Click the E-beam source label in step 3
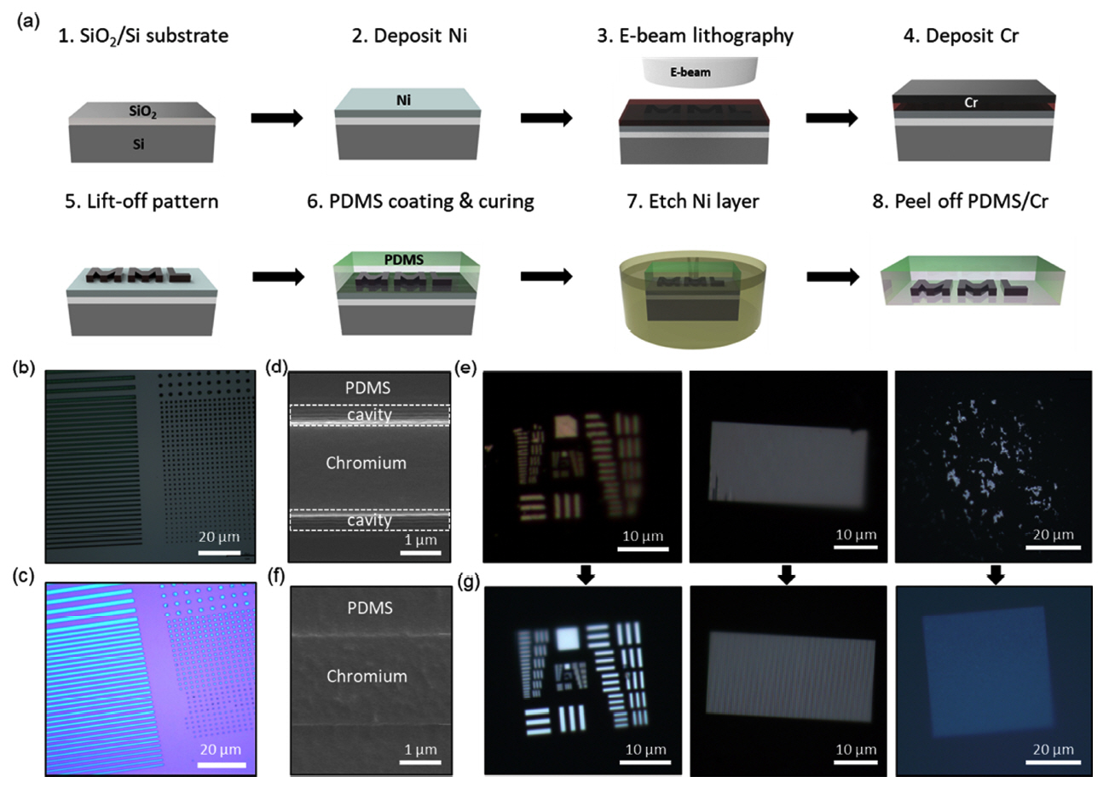click(x=690, y=72)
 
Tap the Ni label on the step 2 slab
click(x=403, y=101)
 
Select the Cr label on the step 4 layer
click(x=971, y=102)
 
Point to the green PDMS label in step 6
click(x=404, y=260)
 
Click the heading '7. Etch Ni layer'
click(x=693, y=201)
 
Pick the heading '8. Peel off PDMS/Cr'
click(x=960, y=201)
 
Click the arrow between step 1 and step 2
click(x=277, y=118)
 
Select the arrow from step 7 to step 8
click(x=833, y=277)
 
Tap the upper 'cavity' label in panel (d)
click(x=369, y=415)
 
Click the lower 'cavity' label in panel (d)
click(x=369, y=520)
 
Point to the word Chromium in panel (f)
click(x=367, y=676)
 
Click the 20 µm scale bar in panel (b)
click(x=219, y=552)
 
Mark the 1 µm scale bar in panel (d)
click(x=420, y=553)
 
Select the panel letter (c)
click(x=23, y=578)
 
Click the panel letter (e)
click(x=465, y=368)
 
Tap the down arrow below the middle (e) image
click(x=786, y=575)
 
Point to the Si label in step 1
click(x=138, y=144)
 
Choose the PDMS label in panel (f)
click(x=370, y=607)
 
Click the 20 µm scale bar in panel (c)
click(x=222, y=765)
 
